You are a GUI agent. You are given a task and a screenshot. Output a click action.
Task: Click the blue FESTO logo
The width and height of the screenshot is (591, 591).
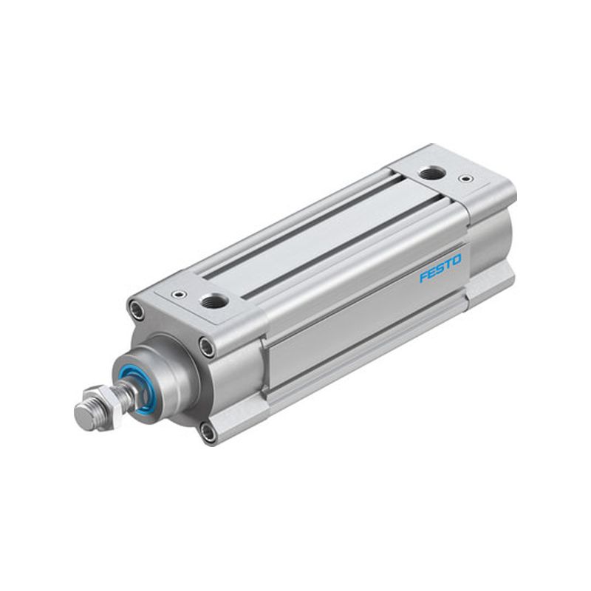(x=440, y=268)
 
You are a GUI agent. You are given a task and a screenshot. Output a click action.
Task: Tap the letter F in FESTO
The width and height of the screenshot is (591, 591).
(x=423, y=277)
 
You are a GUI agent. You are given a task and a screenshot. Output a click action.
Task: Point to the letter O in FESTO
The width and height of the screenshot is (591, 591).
(x=456, y=260)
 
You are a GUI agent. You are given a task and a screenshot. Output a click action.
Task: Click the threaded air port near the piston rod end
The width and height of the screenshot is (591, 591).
(x=215, y=301)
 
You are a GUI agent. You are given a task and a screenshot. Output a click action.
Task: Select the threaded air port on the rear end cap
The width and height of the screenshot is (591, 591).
(x=433, y=174)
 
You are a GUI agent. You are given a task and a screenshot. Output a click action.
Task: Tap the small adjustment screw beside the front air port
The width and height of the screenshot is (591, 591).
(x=177, y=294)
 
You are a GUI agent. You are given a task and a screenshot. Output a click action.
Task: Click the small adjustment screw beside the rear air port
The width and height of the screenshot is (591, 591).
(x=466, y=178)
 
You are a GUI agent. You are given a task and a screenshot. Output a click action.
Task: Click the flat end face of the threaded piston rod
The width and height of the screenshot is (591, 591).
(x=84, y=416)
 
